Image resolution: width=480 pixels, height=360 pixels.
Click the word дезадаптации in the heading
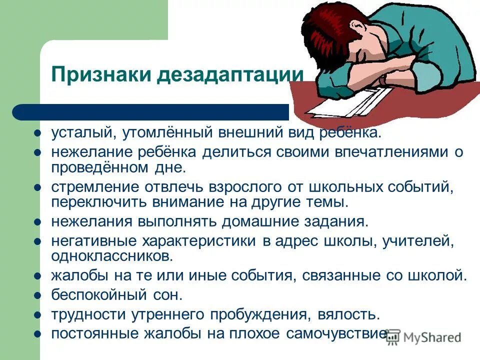coord(229,75)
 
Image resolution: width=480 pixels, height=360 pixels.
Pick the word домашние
coord(259,221)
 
